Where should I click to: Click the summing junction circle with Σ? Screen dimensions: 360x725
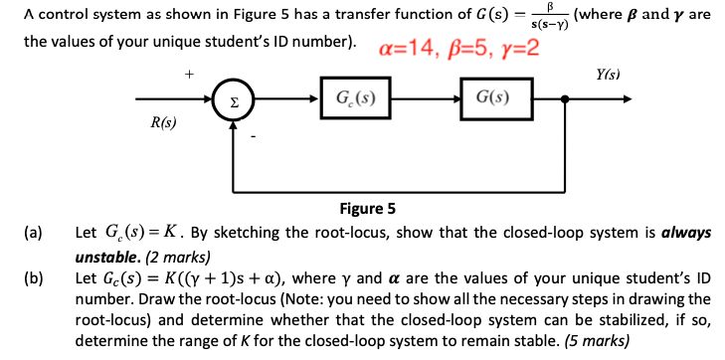(x=233, y=99)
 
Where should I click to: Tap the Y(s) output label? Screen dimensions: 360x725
(x=608, y=75)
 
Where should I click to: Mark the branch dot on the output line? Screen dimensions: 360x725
(x=566, y=99)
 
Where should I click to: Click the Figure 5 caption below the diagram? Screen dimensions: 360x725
(x=367, y=209)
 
